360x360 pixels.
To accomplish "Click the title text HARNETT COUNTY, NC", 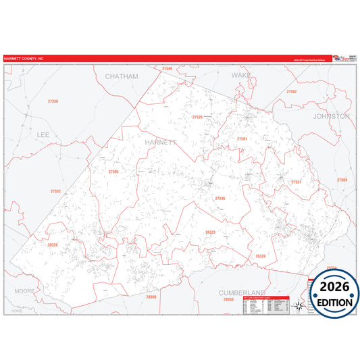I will coord(24,59).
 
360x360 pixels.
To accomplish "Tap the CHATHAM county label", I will coord(121,76).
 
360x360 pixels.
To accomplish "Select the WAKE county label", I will coord(241,76).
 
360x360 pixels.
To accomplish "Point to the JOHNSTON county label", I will coord(332,116).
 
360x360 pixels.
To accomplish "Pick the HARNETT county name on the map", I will coord(160,143).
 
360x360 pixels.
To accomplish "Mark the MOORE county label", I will coord(25,290).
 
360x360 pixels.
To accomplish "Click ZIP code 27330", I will coord(53,101).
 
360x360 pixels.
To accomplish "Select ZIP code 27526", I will coord(197,117).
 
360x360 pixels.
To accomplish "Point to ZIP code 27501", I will coord(242,138).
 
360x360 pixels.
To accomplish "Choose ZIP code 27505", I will coord(113,172).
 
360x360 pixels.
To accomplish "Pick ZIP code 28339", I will coord(260,256).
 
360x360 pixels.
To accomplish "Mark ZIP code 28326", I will coord(53,245).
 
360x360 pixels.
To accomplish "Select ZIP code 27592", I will coord(291,91).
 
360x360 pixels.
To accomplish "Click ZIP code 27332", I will coord(55,191).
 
